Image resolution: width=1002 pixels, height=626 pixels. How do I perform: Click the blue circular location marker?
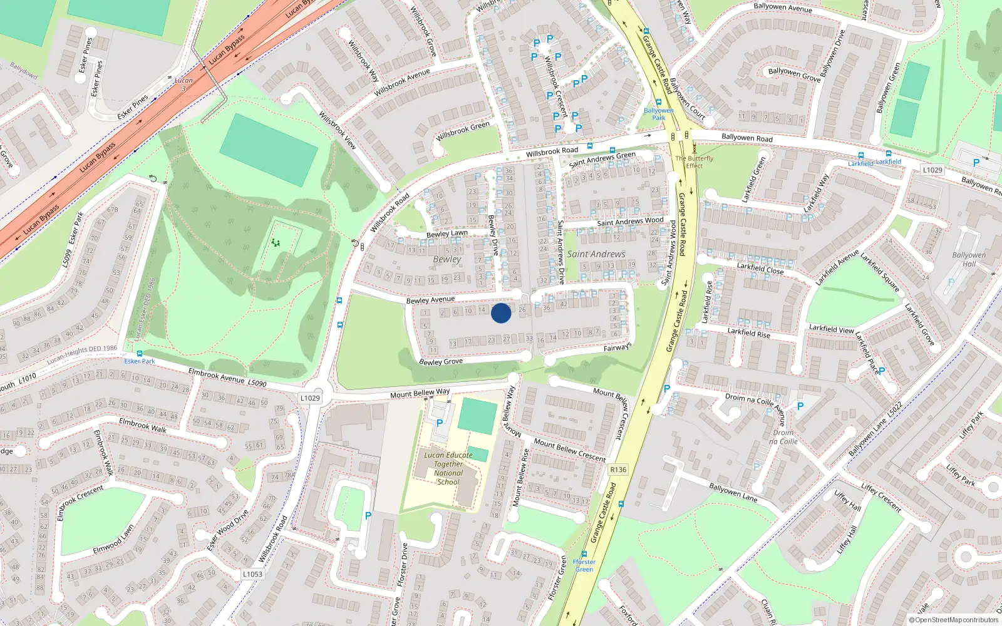pos(501,313)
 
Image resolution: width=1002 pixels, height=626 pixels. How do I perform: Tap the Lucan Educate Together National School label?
pos(448,468)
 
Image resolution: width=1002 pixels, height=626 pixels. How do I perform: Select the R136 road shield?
pos(617,469)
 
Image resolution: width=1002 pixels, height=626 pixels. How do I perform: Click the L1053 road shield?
pos(252,574)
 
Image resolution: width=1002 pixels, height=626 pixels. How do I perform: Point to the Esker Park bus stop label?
pos(140,361)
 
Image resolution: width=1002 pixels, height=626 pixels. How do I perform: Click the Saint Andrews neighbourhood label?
pos(596,254)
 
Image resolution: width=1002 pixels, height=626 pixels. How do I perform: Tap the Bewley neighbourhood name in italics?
pos(447,259)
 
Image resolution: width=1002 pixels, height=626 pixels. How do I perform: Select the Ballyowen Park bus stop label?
pos(659,114)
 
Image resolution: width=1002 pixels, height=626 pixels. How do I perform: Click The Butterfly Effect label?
pos(694,162)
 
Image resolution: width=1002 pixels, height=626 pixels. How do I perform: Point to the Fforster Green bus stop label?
pos(584,565)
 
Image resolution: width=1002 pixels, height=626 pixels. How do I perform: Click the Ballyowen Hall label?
pos(969,259)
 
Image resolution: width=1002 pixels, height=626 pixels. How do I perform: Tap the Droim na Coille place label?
pos(783,437)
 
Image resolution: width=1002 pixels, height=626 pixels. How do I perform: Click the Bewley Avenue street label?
pos(430,300)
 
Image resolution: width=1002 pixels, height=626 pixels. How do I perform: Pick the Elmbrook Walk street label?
pos(143,426)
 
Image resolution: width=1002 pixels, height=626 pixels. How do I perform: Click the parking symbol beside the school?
pos(440,423)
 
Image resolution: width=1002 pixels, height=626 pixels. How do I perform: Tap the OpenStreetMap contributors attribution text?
pos(953,620)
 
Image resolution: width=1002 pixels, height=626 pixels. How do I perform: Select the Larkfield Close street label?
pos(760,269)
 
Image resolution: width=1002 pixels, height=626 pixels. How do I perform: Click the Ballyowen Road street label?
pos(746,137)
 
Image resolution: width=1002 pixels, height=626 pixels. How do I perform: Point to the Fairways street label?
pos(617,347)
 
